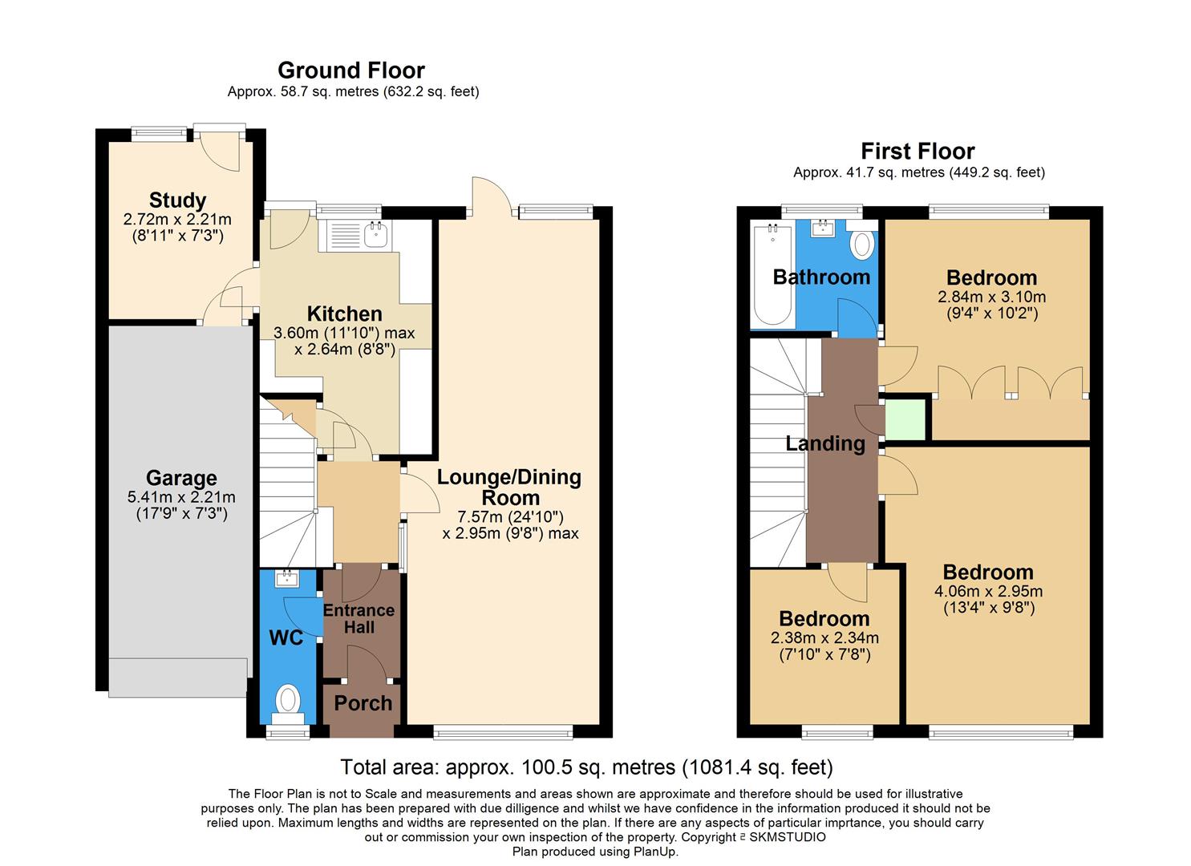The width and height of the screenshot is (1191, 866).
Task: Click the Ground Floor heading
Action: point(350,71)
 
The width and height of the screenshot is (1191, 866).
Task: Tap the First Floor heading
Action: point(918,152)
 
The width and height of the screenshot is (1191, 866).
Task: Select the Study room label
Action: point(177,200)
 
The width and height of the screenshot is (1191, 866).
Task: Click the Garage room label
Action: point(181,479)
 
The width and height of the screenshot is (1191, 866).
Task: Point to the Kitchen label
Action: point(345,314)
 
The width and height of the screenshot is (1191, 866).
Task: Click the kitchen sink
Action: point(375,234)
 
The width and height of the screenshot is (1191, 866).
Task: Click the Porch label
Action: point(363,703)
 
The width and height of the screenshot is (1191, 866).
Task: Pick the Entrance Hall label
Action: point(359,618)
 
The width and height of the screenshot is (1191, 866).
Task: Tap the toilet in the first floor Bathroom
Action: point(862,244)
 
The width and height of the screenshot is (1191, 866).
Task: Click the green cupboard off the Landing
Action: point(905,418)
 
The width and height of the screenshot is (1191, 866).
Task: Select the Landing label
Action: point(825,443)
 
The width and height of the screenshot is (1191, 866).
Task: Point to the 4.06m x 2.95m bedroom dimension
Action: point(988,592)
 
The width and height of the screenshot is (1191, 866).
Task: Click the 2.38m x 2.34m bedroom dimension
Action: point(824,638)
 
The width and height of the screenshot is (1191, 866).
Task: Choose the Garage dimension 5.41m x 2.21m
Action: point(181,498)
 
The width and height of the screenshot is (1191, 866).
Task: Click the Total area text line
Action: point(586,767)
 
